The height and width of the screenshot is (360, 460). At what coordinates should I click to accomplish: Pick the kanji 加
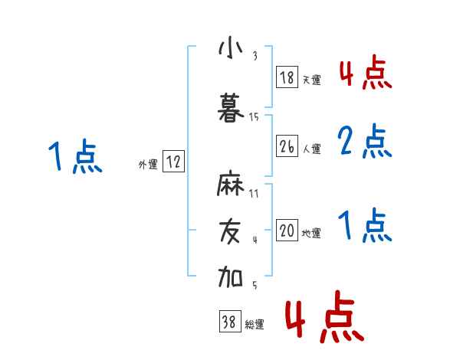[230, 276]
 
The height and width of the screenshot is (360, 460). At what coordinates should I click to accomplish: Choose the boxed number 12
[173, 162]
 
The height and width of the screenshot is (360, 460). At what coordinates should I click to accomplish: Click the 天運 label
[311, 80]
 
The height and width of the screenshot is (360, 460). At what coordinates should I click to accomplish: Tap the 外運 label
[148, 164]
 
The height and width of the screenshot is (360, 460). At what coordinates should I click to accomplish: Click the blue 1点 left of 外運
[74, 158]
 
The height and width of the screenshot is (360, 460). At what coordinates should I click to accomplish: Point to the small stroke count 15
[255, 117]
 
